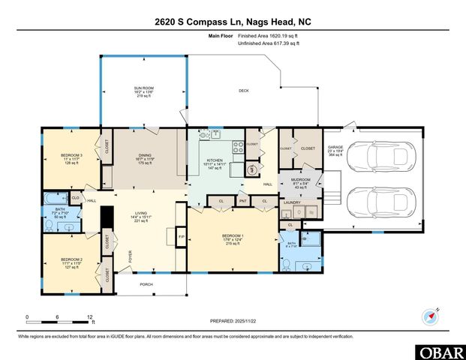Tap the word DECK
click(243, 91)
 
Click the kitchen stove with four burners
click(238, 147)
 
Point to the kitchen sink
click(215, 135)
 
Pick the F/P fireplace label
click(181, 238)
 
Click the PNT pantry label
click(243, 202)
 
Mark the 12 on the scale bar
click(90, 317)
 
